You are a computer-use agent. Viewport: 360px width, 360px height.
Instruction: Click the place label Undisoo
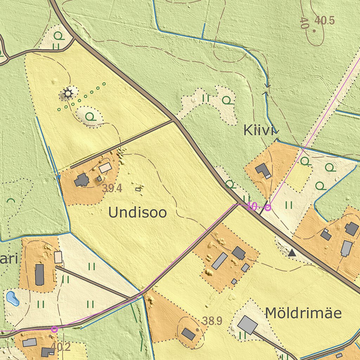tap(137, 213)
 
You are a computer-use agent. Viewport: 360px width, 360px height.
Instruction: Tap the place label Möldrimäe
tap(303, 313)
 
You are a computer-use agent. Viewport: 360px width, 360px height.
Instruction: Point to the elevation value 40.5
tap(324, 20)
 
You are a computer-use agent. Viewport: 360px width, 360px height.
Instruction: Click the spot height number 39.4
tap(112, 188)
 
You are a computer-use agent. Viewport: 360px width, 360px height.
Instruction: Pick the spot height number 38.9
tap(212, 321)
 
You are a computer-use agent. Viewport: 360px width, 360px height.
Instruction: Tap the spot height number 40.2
tap(60, 347)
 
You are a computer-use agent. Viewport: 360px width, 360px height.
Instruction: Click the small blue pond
tap(12, 298)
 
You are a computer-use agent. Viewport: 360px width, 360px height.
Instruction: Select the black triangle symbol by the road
tap(291, 252)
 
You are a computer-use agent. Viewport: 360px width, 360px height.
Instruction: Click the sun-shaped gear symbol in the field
tap(67, 94)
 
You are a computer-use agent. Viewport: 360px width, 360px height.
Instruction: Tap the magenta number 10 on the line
tap(252, 206)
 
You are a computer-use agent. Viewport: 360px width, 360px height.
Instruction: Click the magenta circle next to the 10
tap(268, 207)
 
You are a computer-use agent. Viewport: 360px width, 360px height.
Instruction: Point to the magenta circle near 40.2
tap(54, 329)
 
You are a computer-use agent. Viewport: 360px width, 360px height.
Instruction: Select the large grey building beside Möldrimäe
tap(247, 324)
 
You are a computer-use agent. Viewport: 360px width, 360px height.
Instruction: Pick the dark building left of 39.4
tap(82, 180)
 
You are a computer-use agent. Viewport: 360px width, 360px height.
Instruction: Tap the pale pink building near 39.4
tap(105, 168)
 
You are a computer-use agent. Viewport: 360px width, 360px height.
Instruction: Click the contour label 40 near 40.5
tap(304, 23)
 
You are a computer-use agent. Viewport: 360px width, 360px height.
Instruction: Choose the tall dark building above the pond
tap(40, 275)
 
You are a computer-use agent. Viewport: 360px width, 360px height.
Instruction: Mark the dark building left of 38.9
tap(188, 334)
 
